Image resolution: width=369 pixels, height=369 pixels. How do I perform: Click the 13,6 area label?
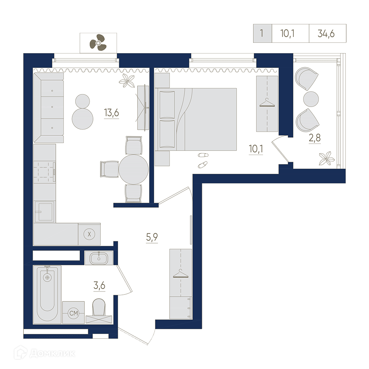coord(111,113)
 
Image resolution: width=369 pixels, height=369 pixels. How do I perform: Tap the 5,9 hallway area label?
coord(152,237)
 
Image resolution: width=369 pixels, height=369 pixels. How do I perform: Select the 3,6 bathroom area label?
coord(99,286)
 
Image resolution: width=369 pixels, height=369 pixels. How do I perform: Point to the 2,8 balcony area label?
coord(315,138)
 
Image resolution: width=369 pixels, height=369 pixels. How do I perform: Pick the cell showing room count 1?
coord(262,34)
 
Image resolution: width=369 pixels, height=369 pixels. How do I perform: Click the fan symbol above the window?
coord(98,42)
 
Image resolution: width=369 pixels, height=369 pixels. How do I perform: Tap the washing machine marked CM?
coord(73,313)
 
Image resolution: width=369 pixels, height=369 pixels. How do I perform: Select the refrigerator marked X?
coord(89,234)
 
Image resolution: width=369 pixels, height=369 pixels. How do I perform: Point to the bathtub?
coord(47,294)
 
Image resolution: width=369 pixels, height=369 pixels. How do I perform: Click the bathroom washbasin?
coord(99,258)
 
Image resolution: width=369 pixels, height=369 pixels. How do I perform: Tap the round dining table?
coord(134,169)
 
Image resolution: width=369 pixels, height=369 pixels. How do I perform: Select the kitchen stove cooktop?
coord(45,172)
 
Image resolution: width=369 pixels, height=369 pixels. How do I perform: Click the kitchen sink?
coord(45,211)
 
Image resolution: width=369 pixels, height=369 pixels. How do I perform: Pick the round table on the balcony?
coord(311,99)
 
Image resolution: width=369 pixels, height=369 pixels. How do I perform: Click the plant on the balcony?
coord(327,158)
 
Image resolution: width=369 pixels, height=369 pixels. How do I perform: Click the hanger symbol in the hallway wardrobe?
coord(181,273)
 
